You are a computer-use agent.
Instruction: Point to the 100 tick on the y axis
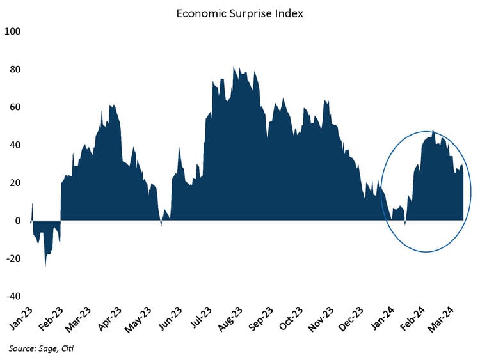point(13,31)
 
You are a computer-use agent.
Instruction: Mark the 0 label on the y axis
point(18,221)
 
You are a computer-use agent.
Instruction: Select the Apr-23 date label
point(109,318)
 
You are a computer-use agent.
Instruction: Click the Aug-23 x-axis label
point(230,318)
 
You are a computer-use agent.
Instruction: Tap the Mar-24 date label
point(441,318)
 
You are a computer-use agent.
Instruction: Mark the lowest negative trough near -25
point(45,265)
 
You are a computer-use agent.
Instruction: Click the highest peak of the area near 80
point(234,67)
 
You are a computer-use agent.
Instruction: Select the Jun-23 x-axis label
point(170,318)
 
